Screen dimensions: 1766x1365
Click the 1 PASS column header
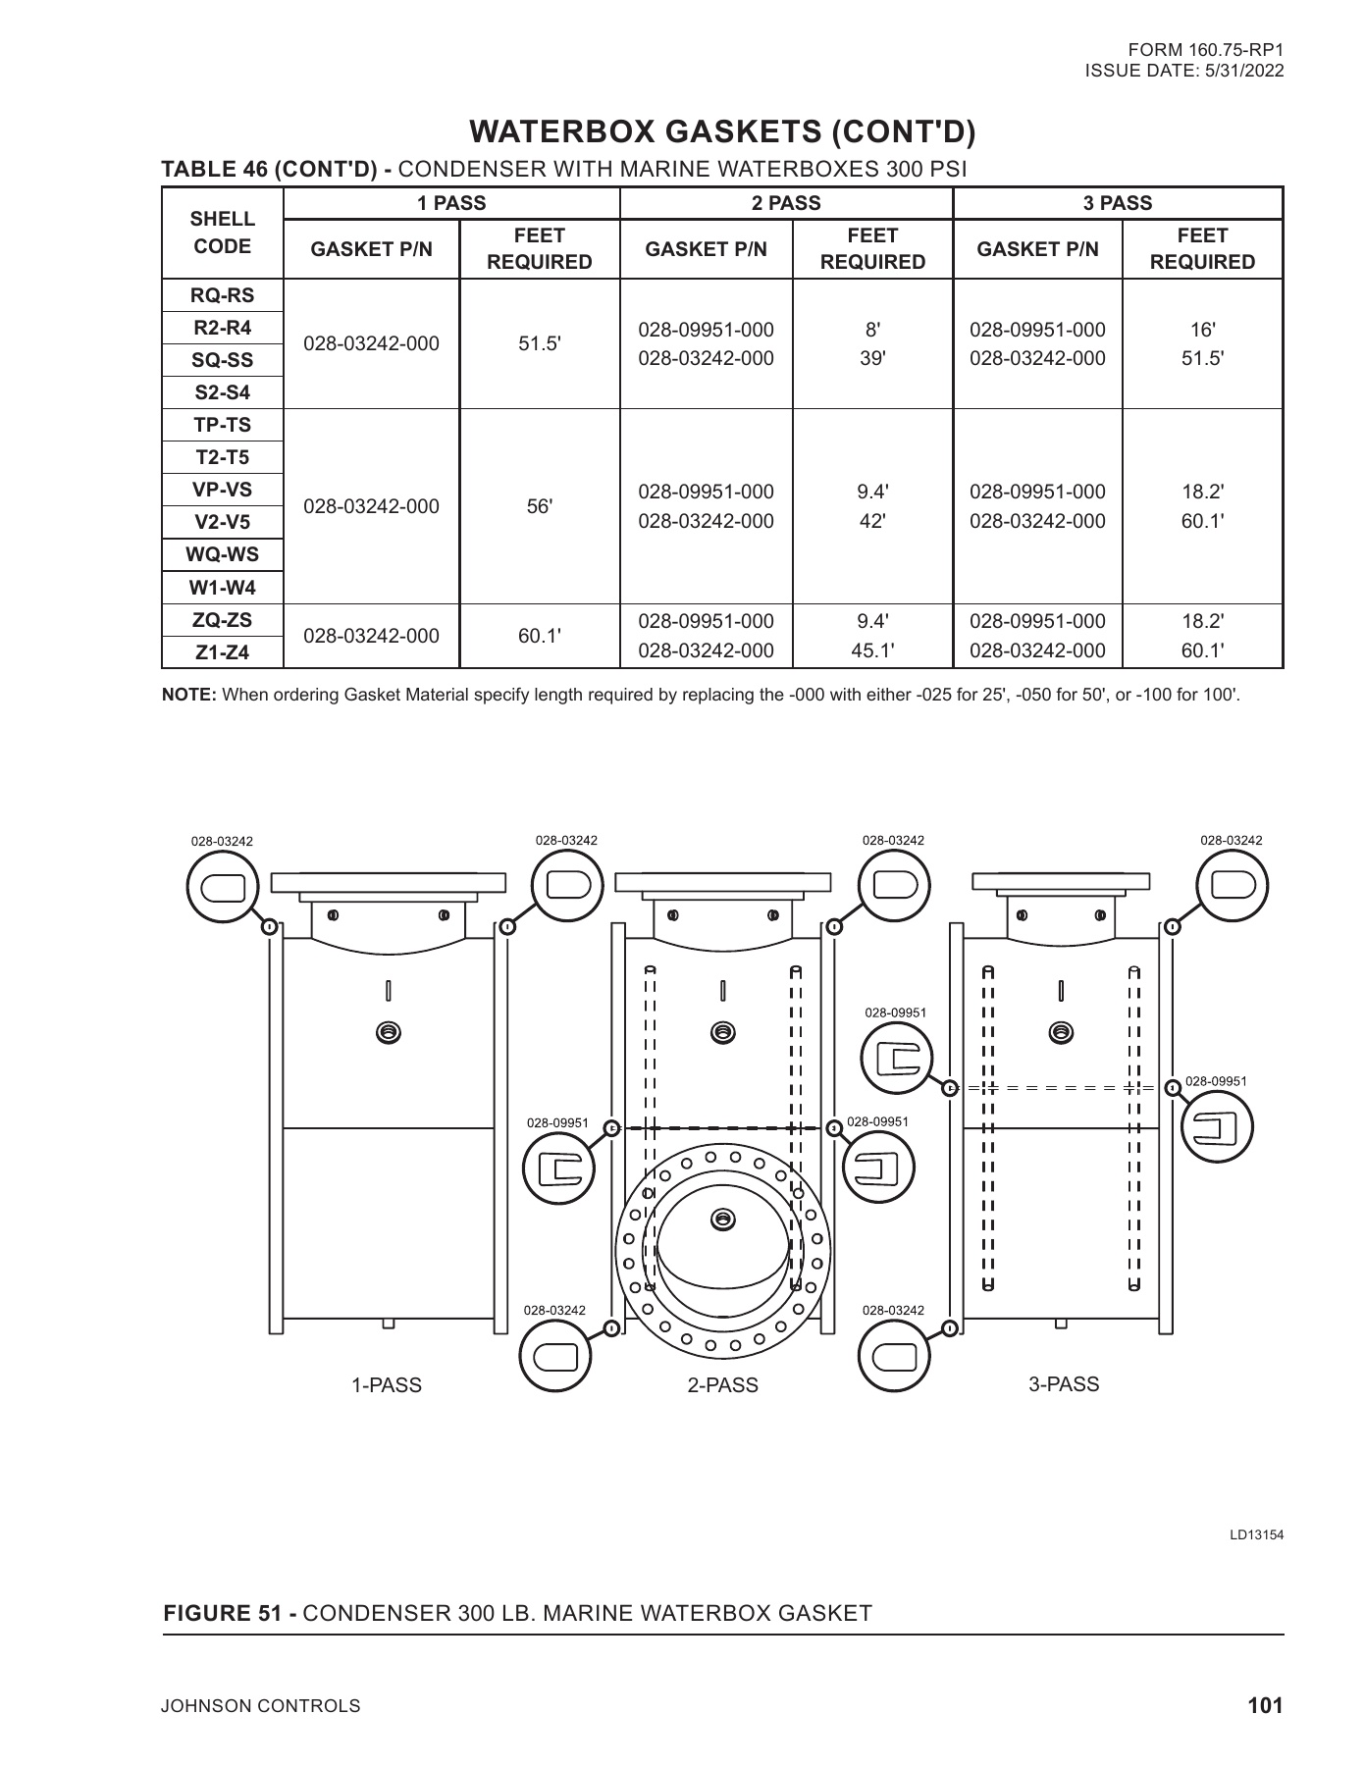click(x=451, y=203)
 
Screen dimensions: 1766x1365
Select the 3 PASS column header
click(x=1118, y=203)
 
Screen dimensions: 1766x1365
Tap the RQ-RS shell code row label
click(x=223, y=295)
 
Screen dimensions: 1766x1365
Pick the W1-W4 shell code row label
click(x=223, y=588)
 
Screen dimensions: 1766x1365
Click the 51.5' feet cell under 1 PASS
click(x=540, y=344)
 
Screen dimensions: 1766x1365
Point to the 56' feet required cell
click(x=540, y=506)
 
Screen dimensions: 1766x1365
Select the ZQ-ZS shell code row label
click(x=223, y=620)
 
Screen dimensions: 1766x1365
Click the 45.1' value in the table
click(x=872, y=650)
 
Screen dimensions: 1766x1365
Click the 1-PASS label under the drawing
click(x=387, y=1385)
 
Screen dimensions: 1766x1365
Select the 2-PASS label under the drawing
click(x=723, y=1385)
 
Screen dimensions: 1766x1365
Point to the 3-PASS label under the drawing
click(x=1064, y=1384)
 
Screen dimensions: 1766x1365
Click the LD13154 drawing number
click(x=1257, y=1534)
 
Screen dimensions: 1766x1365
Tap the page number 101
click(x=1265, y=1705)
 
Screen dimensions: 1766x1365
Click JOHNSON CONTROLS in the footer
click(x=261, y=1706)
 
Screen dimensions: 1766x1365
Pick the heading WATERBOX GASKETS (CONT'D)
click(x=723, y=131)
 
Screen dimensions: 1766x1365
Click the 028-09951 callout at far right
click(x=1216, y=1081)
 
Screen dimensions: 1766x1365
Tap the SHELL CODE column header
click(x=223, y=233)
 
